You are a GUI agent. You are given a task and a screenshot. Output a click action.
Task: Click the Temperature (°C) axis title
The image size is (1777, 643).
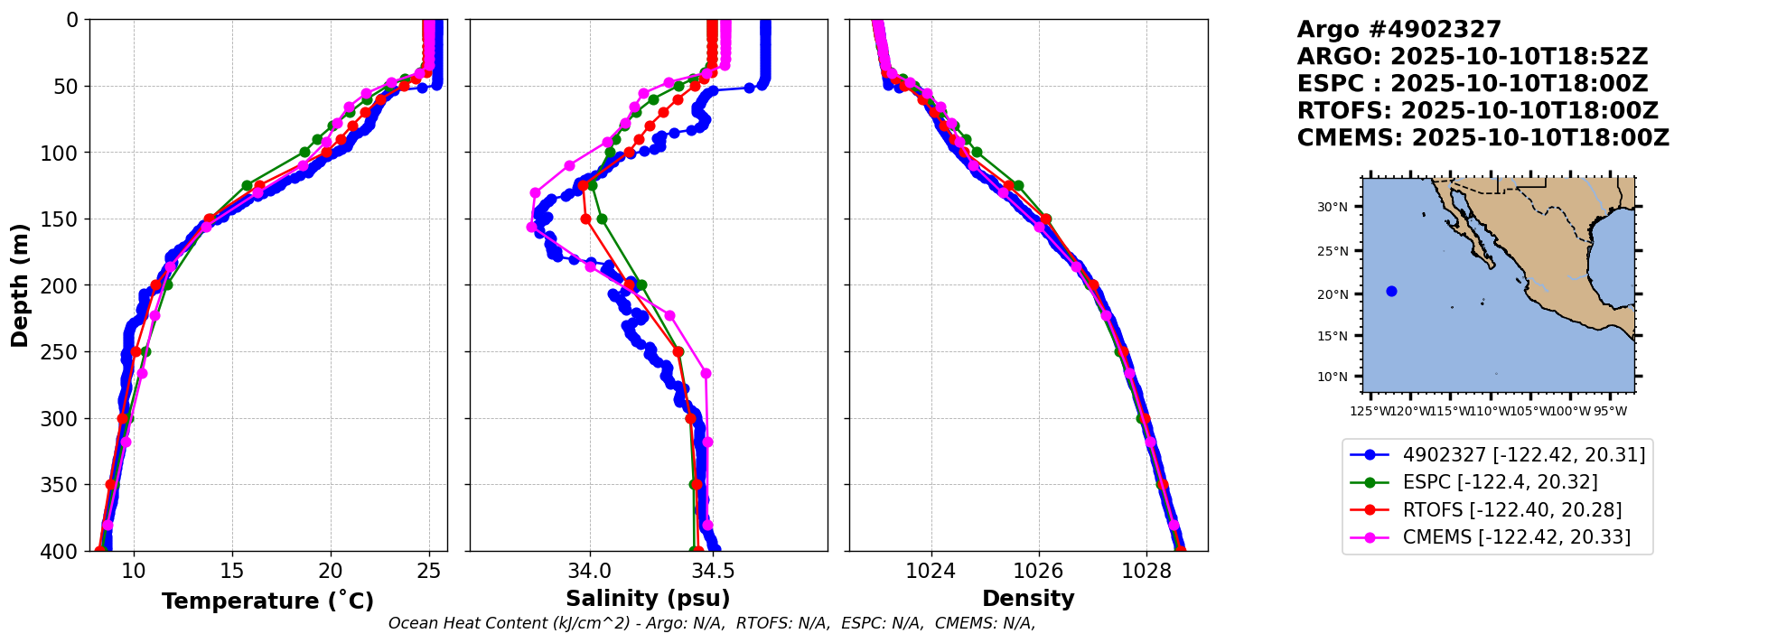point(267,601)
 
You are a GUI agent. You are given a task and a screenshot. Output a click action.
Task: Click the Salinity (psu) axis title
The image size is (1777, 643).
point(648,599)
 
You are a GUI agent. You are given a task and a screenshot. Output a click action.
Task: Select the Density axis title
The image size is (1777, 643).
point(1028,599)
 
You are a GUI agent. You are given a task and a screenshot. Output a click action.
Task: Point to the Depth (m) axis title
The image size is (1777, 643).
point(20,285)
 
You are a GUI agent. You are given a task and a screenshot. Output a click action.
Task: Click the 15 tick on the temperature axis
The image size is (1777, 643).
point(232,571)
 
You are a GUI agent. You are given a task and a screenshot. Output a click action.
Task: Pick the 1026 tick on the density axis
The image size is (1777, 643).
point(1038,571)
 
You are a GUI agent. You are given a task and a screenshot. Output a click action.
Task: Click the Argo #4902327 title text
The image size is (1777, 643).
point(1398,30)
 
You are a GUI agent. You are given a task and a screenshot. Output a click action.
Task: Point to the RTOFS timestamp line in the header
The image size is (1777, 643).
point(1477,111)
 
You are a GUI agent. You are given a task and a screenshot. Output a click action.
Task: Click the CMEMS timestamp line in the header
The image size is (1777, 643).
point(1482,138)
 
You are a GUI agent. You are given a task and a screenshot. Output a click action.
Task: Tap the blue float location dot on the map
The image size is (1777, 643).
point(1391,291)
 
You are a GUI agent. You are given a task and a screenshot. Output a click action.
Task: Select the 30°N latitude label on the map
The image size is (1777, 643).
point(1332,208)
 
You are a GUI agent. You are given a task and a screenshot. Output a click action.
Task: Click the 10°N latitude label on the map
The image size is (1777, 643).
point(1332,377)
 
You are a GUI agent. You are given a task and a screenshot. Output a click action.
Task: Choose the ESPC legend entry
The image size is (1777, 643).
point(1500,482)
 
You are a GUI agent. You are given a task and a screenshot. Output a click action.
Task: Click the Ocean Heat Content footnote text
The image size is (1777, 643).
point(711,623)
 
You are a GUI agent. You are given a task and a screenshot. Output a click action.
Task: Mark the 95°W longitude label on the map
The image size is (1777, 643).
point(1610,412)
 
